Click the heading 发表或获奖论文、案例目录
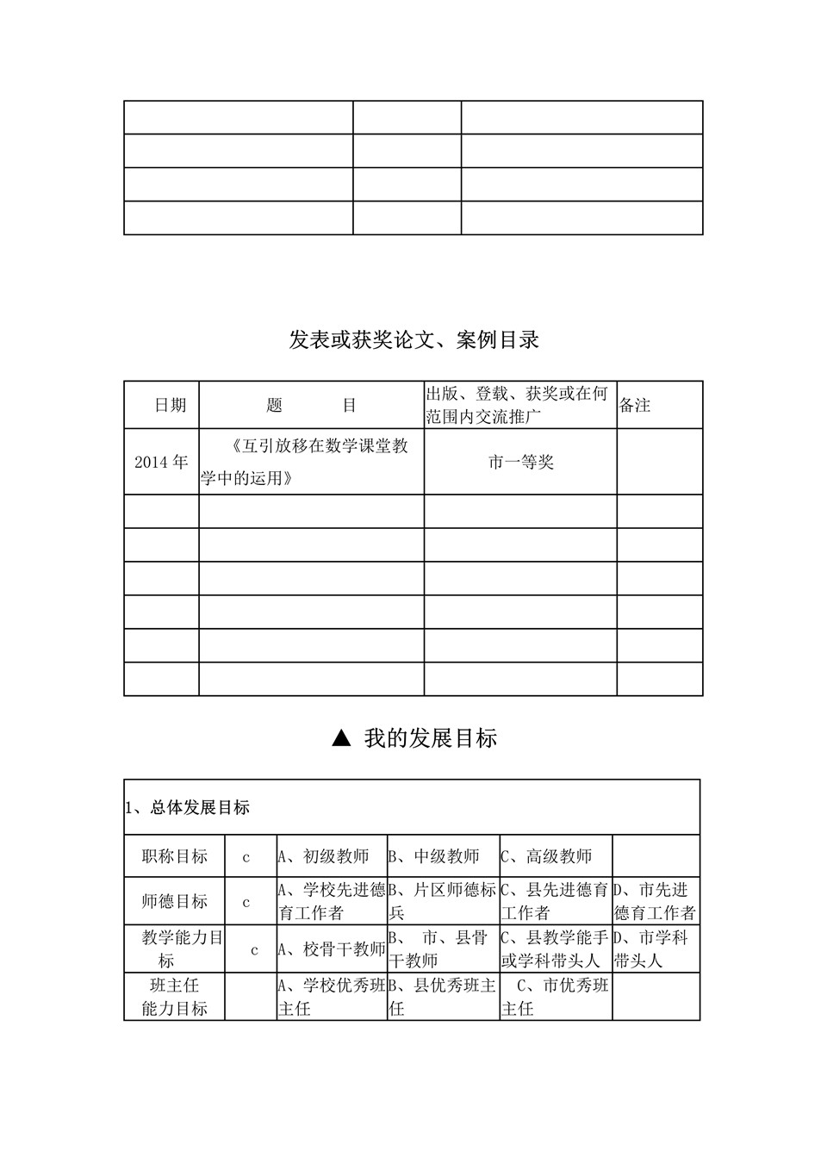413,340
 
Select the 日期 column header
170,405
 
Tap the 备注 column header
635,405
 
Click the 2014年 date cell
161,462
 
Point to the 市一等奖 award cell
520,463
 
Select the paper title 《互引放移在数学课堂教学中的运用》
311,462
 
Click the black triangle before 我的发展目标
341,737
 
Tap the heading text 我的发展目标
430,738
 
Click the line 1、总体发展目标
188,808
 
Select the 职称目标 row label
174,856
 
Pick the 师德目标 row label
174,901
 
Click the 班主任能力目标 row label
174,997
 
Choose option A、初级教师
324,856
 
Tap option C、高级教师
547,856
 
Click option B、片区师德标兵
443,901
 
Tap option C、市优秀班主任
555,997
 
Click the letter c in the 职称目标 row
246,857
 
